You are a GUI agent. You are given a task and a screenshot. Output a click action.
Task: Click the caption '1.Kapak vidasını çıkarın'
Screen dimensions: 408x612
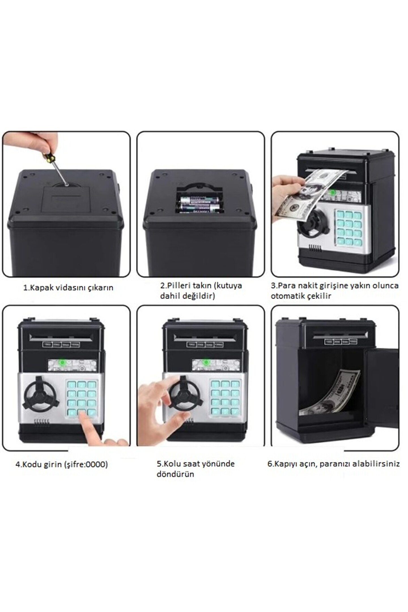68,288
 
